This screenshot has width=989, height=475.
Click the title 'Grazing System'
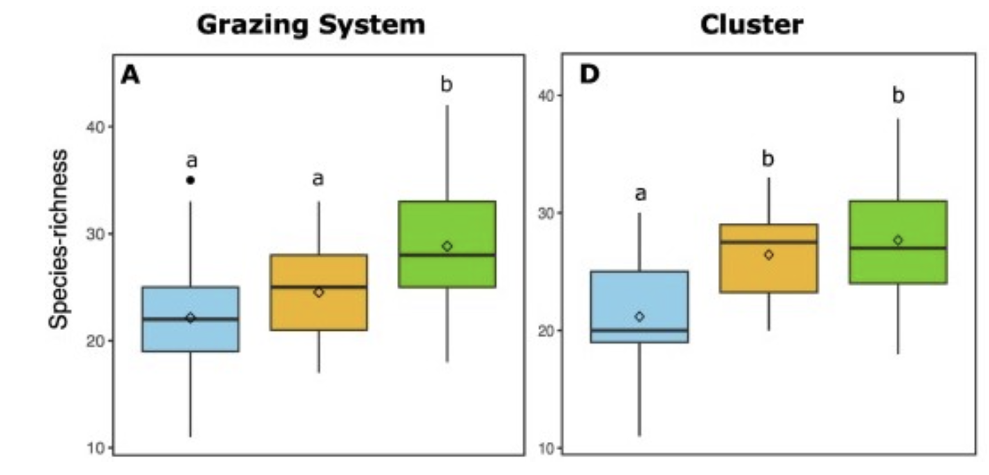[x=310, y=26]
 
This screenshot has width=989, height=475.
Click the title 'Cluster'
[x=751, y=26]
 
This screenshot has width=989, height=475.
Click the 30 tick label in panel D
[x=546, y=213]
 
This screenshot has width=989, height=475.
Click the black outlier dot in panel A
[x=191, y=180]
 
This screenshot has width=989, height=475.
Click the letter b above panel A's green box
[x=447, y=86]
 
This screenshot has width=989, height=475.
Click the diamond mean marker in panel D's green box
[x=898, y=240]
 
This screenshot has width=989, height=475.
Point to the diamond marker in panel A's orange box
[x=318, y=292]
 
